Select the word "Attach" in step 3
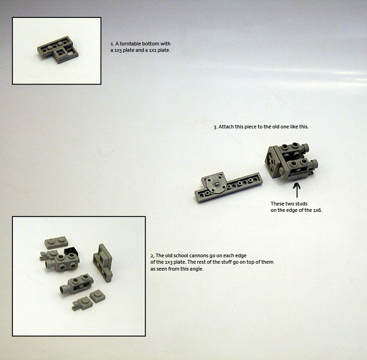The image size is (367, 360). pyautogui.click(x=225, y=127)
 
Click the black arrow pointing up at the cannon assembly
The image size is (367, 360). pyautogui.click(x=297, y=190)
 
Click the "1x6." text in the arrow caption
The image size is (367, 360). pyautogui.click(x=318, y=210)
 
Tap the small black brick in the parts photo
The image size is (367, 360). pyautogui.click(x=71, y=252)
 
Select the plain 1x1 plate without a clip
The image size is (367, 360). pyautogui.click(x=97, y=296)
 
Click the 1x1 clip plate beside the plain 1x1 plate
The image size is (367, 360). pyautogui.click(x=82, y=304)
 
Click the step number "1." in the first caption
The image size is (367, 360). pyautogui.click(x=112, y=44)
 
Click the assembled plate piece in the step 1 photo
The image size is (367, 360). pyautogui.click(x=58, y=50)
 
